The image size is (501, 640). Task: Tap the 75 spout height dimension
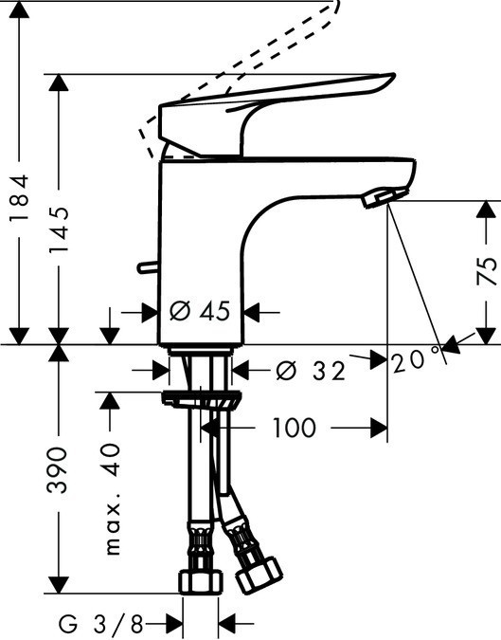click(x=485, y=271)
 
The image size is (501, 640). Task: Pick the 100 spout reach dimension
click(x=294, y=428)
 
